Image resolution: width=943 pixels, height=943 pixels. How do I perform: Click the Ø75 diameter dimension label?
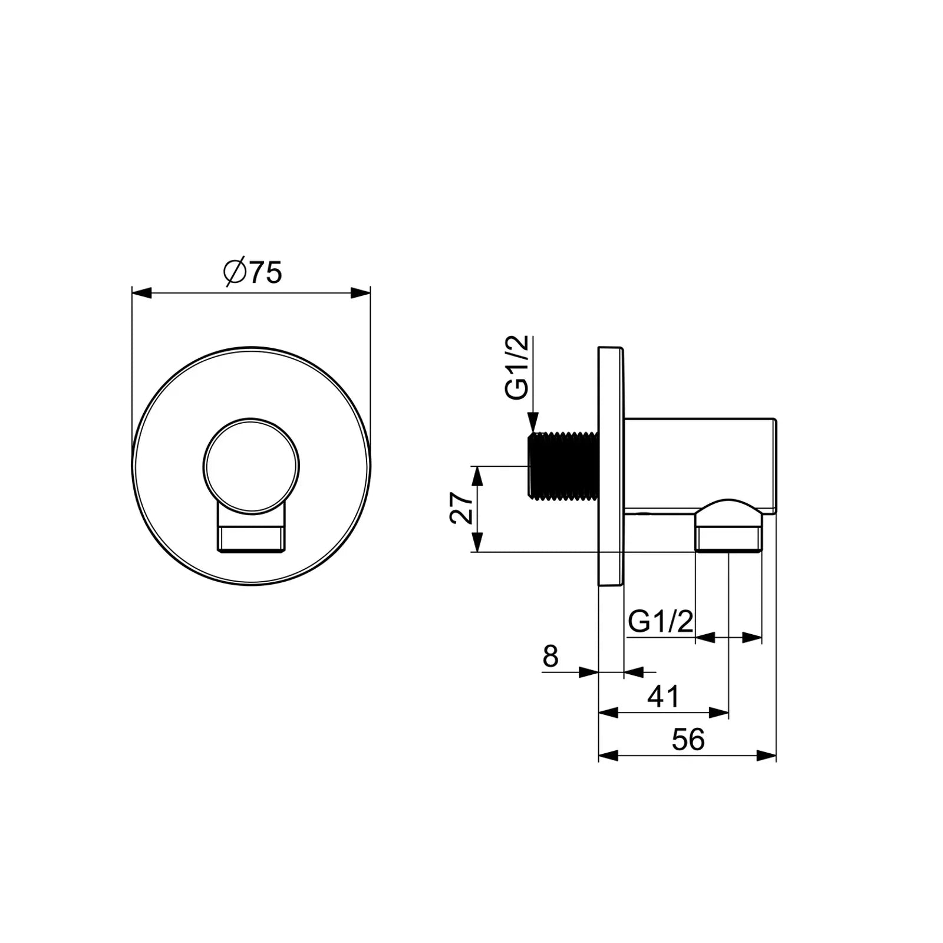coord(253,272)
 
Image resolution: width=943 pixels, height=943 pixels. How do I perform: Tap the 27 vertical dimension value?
coord(461,508)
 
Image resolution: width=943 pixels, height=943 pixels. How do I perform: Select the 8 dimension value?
coord(550,656)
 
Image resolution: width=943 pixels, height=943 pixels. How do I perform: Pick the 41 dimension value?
coord(664,697)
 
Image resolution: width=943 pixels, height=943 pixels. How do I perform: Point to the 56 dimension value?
coord(688,740)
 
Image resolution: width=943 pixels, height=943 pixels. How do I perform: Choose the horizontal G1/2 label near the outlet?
coord(661,621)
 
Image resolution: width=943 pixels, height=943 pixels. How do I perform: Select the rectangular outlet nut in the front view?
coord(252,533)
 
